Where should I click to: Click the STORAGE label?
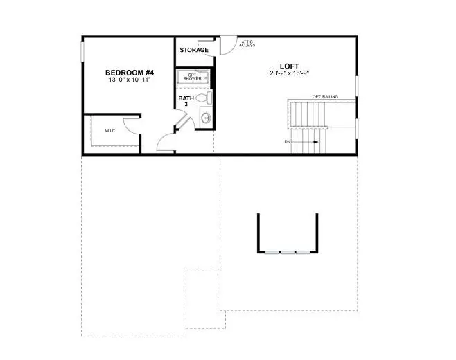coord(194,50)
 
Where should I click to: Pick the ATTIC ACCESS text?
coord(247,44)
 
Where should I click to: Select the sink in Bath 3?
coord(206,119)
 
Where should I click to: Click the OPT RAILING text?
coord(325,96)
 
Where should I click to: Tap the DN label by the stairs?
coord(287,142)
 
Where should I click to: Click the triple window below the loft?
coord(288,251)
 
